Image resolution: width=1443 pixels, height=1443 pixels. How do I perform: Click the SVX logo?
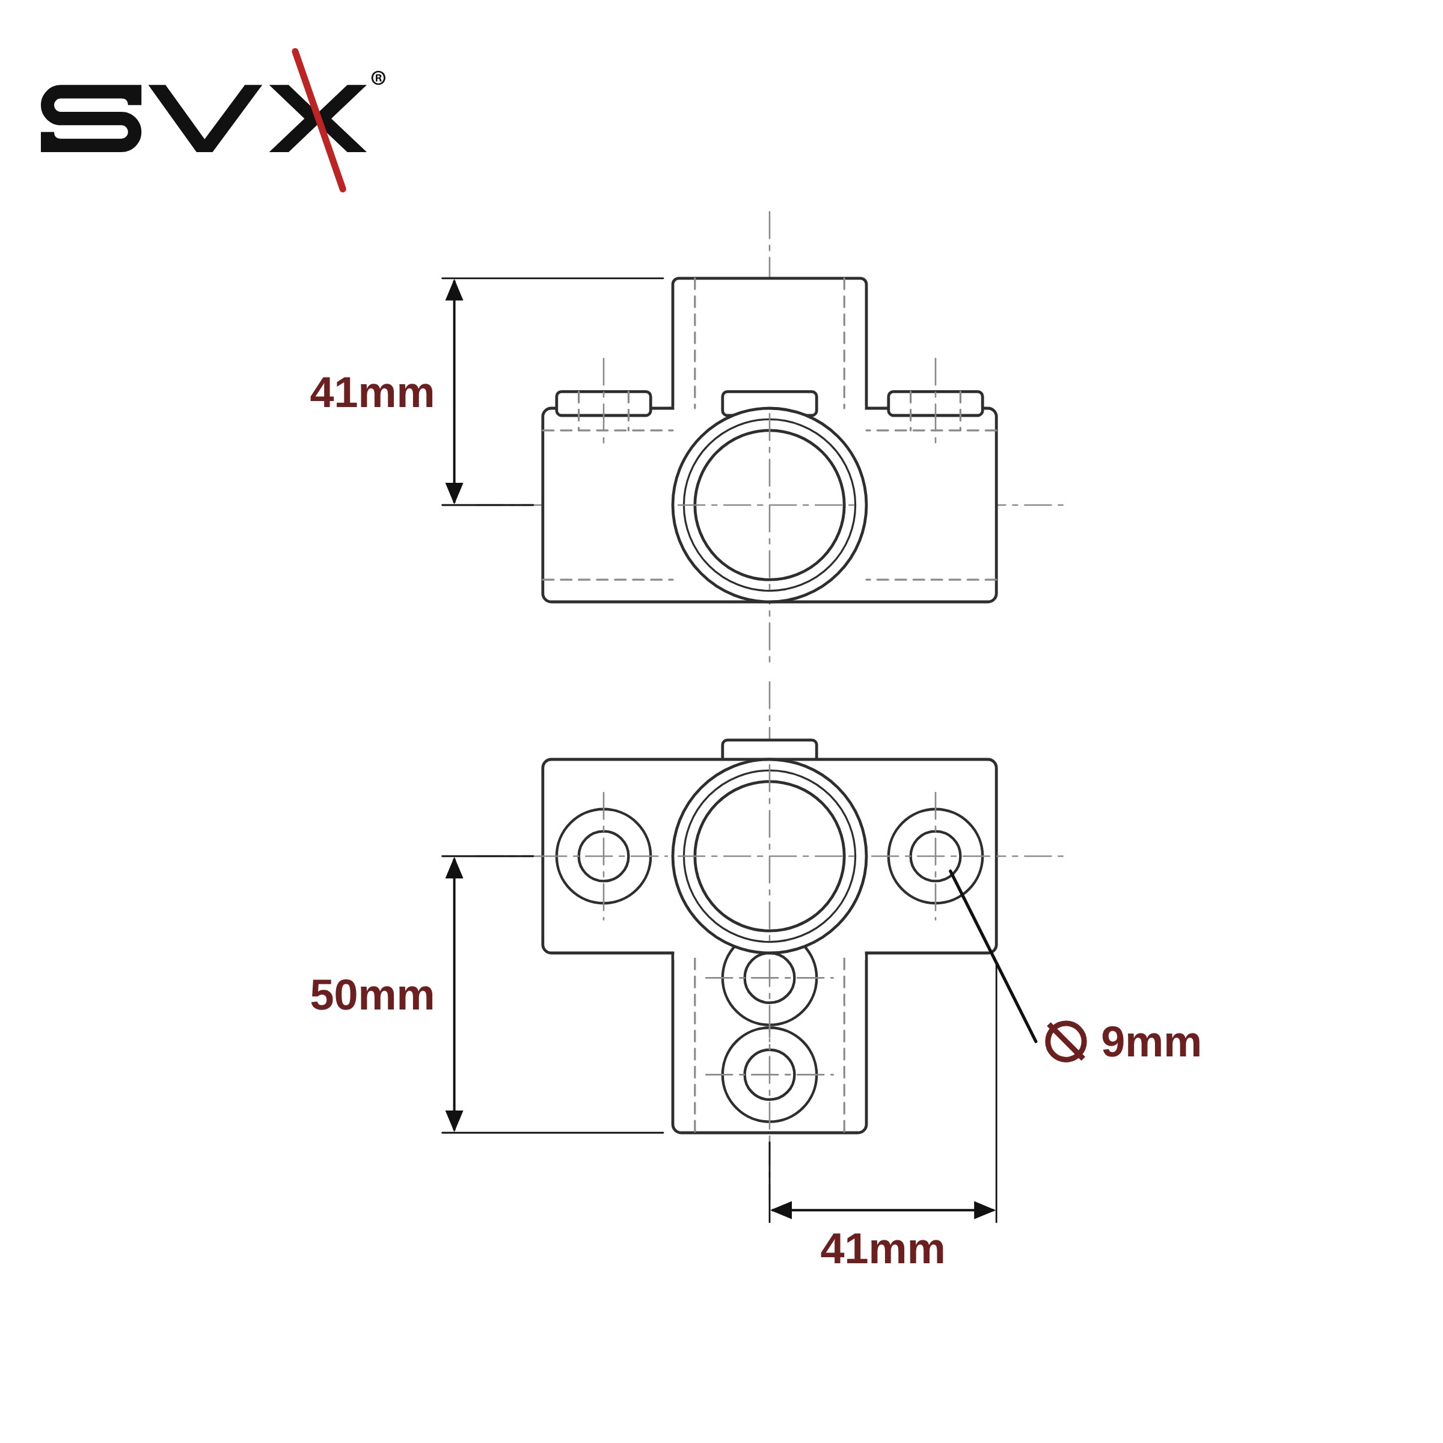[x=213, y=120]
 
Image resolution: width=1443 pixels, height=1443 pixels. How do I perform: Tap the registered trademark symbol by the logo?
[x=379, y=78]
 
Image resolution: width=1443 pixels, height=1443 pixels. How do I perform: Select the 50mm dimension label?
[x=372, y=996]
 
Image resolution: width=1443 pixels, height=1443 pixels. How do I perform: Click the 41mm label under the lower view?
[x=883, y=1249]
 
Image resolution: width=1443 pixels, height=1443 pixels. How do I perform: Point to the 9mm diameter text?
[x=1151, y=1042]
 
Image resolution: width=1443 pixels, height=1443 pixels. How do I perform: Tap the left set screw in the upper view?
[x=604, y=403]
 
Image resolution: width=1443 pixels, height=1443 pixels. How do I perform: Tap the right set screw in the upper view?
[x=935, y=403]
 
